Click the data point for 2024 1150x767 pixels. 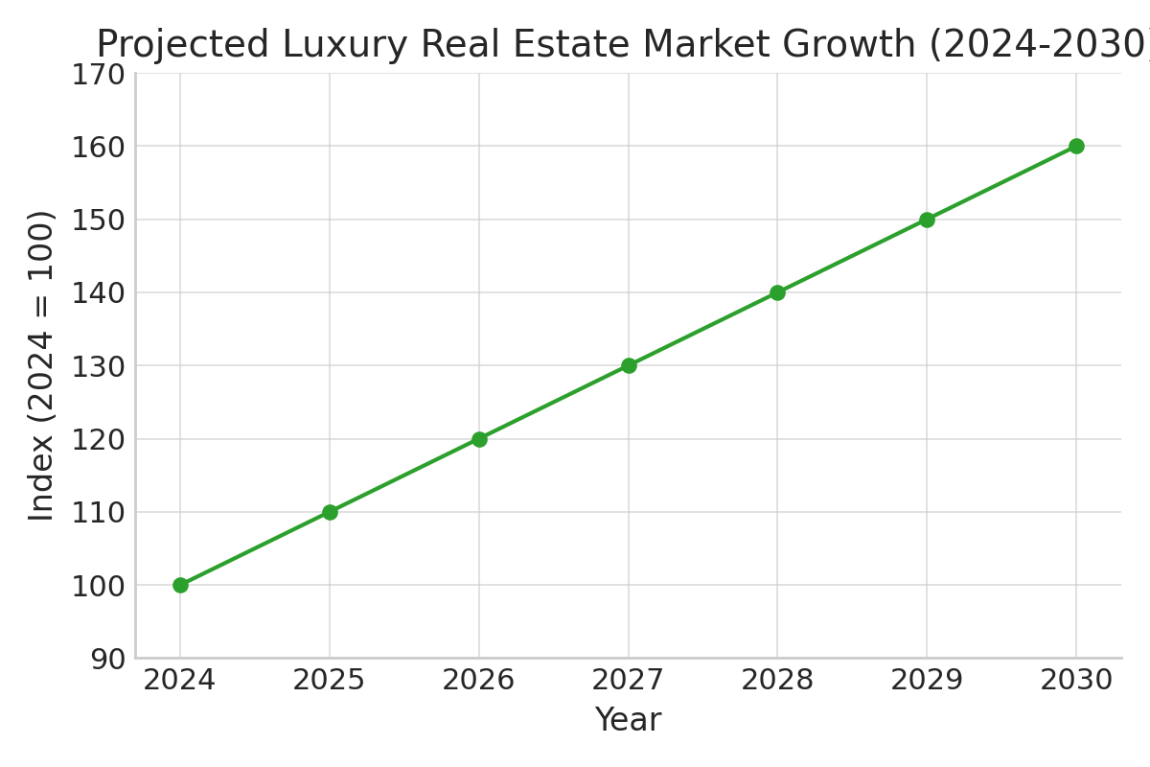[x=180, y=585]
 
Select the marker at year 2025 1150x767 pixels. [x=330, y=512]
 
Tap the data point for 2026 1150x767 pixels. [x=479, y=439]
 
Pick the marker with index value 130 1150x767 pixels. [x=629, y=365]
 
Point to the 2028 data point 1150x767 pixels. [x=777, y=292]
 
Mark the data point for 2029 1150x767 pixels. [x=927, y=220]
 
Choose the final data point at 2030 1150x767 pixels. [x=1076, y=147]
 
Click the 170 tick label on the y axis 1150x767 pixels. [x=98, y=74]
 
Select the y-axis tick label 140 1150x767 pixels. [x=98, y=292]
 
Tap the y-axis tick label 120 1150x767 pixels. [x=98, y=439]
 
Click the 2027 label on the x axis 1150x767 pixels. [x=629, y=681]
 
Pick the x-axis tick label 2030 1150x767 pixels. [x=1076, y=681]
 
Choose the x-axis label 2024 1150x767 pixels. [x=180, y=681]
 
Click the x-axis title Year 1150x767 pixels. [x=628, y=720]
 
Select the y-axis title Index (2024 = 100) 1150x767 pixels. [x=41, y=365]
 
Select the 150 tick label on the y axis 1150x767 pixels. [x=98, y=220]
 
